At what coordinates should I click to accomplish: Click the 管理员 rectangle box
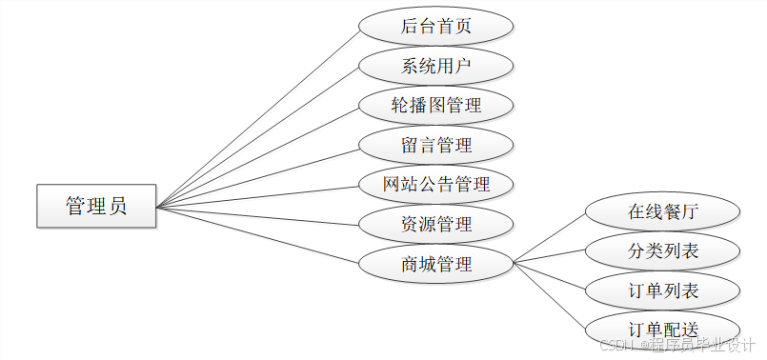tap(96, 206)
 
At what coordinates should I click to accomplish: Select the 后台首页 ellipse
tap(436, 27)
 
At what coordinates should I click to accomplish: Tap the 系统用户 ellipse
tap(436, 66)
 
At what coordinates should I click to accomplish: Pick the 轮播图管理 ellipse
tap(436, 105)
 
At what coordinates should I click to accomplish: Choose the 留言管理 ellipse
tap(436, 145)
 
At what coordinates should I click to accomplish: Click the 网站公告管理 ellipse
tap(436, 184)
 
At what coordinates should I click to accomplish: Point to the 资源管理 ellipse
tap(436, 224)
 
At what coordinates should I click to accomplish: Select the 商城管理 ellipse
tap(436, 263)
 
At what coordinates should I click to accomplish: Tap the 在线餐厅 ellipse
tap(663, 211)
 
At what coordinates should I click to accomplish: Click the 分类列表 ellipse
tap(663, 251)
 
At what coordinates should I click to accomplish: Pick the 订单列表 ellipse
tap(663, 290)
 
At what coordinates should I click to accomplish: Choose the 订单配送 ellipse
tap(663, 329)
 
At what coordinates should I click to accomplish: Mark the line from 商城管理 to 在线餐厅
tap(550, 236)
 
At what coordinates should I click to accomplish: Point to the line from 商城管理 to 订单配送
tap(550, 294)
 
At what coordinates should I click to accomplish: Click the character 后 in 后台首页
tap(410, 27)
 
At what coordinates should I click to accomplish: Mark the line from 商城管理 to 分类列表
tap(550, 256)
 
